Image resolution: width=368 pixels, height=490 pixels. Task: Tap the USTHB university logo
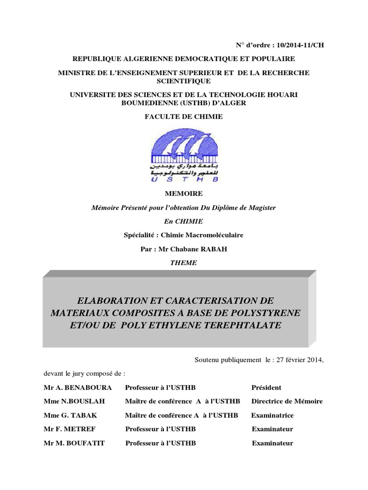click(184, 153)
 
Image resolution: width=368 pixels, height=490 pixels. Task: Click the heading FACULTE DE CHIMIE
click(184, 116)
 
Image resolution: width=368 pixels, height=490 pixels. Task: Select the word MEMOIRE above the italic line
click(184, 194)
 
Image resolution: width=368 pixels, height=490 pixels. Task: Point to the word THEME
click(184, 263)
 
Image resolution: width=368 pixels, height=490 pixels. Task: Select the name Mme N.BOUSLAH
click(74, 401)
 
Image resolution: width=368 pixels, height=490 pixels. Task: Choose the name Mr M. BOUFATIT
click(74, 443)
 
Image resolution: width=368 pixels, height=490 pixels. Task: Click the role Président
click(266, 388)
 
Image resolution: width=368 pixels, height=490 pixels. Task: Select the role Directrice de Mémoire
click(287, 401)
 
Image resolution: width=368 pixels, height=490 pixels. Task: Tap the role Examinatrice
click(273, 415)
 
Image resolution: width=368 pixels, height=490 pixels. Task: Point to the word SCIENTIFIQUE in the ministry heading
click(184, 81)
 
